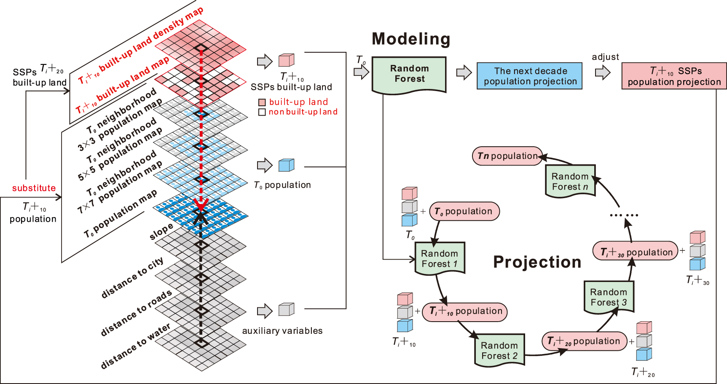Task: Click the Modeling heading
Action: click(411, 39)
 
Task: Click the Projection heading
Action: click(537, 262)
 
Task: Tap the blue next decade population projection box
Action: click(530, 76)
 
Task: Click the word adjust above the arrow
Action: click(605, 57)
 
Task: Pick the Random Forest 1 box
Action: click(440, 258)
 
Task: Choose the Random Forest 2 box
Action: click(499, 350)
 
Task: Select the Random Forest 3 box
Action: click(609, 297)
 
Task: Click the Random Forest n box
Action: click(570, 181)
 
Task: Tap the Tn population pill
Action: click(507, 156)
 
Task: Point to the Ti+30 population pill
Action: click(636, 252)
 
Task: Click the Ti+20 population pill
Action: click(584, 341)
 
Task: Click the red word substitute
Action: click(34, 188)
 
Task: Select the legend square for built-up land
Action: click(262, 102)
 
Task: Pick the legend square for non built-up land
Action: click(262, 112)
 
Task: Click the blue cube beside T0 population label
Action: click(286, 165)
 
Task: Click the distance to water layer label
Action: click(135, 346)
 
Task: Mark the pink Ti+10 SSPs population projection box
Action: click(674, 76)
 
